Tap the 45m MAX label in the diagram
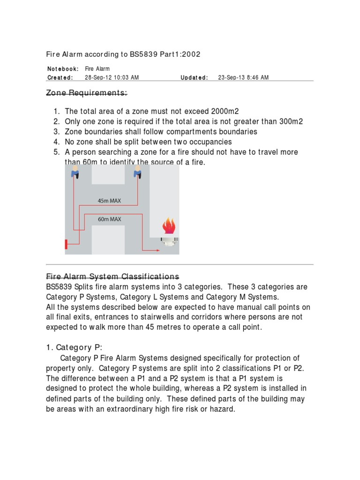point(109,201)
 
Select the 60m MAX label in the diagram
point(109,219)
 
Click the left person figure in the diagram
point(74,173)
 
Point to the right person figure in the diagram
point(137,173)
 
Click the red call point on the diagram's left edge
point(67,244)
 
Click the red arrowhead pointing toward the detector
point(157,250)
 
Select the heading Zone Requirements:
point(86,93)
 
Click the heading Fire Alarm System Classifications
point(112,276)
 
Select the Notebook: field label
point(63,69)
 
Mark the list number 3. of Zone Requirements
point(56,132)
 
